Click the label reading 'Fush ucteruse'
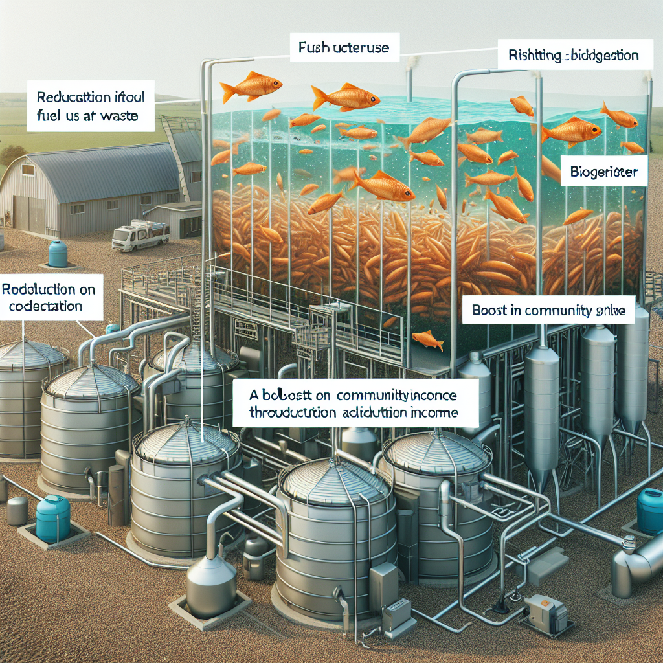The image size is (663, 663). pyautogui.click(x=344, y=47)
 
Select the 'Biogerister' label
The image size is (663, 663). pyautogui.click(x=603, y=173)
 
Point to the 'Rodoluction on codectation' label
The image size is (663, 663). pyautogui.click(x=51, y=297)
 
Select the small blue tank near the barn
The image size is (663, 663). pyautogui.click(x=58, y=253)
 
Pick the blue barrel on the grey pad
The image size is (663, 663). pyautogui.click(x=52, y=518)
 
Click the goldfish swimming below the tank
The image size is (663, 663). pyautogui.click(x=427, y=339)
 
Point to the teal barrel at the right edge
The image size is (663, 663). pyautogui.click(x=650, y=511)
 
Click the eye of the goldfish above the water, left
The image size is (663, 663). pyautogui.click(x=275, y=84)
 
